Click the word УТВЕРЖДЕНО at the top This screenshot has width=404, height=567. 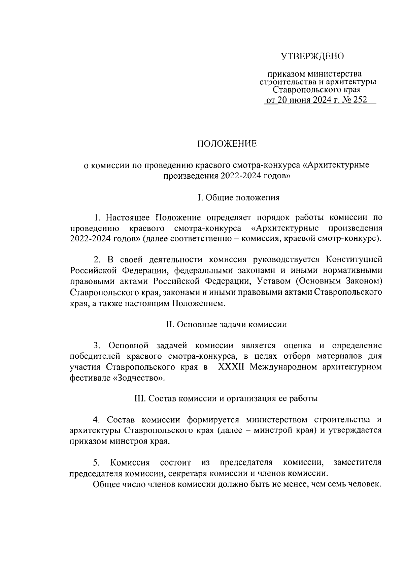312,56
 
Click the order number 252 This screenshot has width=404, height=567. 358,100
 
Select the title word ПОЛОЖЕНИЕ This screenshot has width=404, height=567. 227,144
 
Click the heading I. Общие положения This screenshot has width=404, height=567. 239,198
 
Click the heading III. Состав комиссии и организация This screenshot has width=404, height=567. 226,398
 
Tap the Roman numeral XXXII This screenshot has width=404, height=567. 233,367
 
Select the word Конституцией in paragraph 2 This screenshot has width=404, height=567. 354,260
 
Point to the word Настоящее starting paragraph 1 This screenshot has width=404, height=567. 128,217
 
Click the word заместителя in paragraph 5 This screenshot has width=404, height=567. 357,462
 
